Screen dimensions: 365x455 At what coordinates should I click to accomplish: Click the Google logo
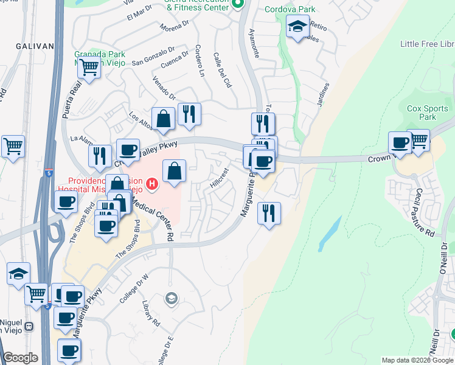point(20,358)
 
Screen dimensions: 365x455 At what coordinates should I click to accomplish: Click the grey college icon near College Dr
point(172,298)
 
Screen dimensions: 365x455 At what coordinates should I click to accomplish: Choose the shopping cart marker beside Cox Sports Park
point(419,141)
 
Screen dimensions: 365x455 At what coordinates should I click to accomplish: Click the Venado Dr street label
point(164,88)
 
